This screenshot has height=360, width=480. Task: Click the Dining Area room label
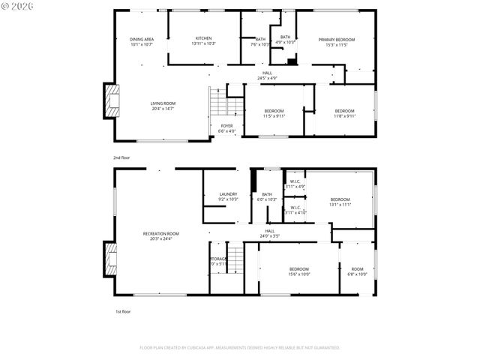tap(142, 39)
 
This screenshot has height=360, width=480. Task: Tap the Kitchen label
tap(203, 39)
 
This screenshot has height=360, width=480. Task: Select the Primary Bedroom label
tap(336, 40)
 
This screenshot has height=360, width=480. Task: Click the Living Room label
tap(163, 103)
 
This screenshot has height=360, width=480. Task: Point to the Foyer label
tap(226, 126)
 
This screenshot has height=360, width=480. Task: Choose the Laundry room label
tap(228, 194)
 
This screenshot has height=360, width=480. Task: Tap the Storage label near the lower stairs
tap(218, 259)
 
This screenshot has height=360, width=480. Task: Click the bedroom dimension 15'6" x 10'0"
tap(299, 274)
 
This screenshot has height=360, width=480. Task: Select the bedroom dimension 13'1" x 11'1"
tap(340, 204)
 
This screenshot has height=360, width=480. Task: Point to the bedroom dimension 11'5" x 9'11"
tap(274, 116)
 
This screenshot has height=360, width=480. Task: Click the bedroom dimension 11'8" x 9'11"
tap(345, 116)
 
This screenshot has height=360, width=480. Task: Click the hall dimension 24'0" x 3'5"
tap(270, 236)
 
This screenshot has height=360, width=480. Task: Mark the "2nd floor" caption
tap(121, 158)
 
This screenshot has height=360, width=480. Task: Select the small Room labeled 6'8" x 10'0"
tap(357, 272)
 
